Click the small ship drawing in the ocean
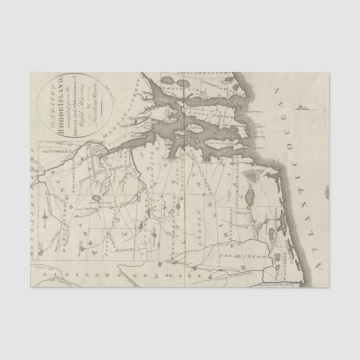coord(306,105)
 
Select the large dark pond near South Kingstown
coord(250,196)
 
